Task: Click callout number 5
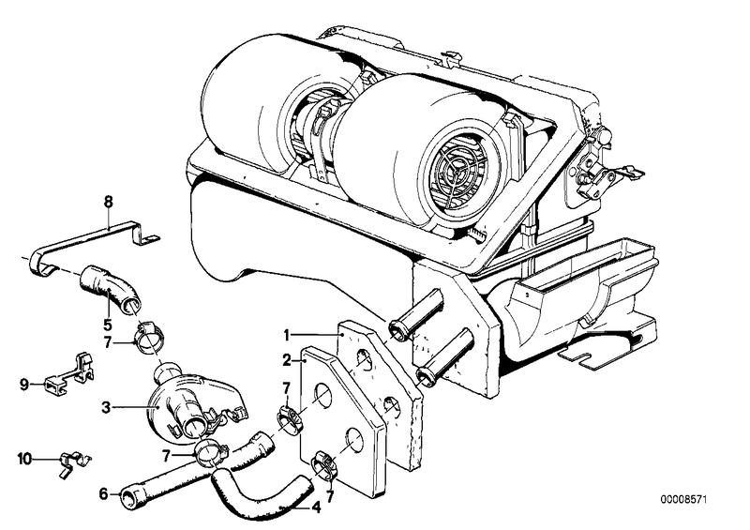(109, 324)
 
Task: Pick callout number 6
(102, 492)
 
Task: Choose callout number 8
(109, 201)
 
